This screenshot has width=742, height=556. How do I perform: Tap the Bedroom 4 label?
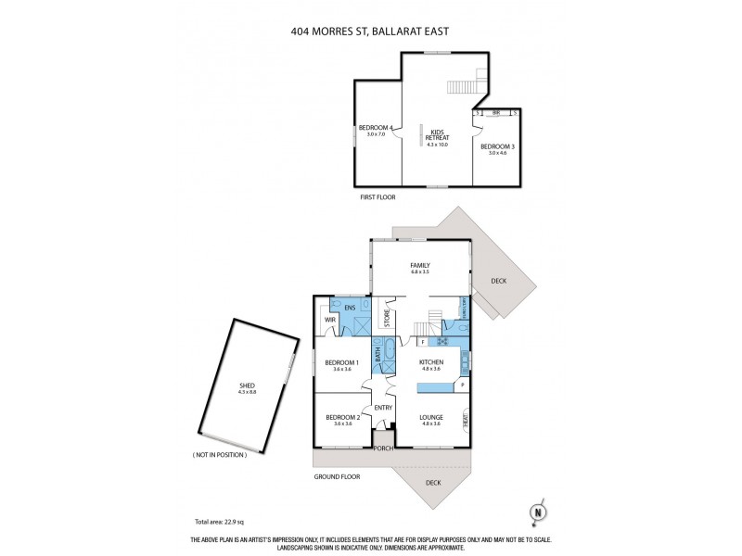pyautogui.click(x=377, y=127)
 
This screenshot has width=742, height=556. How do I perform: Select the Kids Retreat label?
pyautogui.click(x=436, y=134)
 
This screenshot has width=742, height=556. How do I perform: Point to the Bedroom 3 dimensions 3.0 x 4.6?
pyautogui.click(x=496, y=153)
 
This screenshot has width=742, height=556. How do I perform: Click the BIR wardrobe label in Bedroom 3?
pyautogui.click(x=496, y=113)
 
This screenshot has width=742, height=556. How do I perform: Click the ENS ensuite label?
pyautogui.click(x=350, y=308)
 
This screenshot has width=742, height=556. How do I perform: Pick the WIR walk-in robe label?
pyautogui.click(x=328, y=320)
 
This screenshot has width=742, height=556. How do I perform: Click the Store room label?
pyautogui.click(x=388, y=319)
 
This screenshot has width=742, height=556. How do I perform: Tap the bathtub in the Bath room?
pyautogui.click(x=389, y=353)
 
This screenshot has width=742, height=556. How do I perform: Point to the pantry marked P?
pyautogui.click(x=462, y=384)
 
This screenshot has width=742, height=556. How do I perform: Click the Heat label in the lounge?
pyautogui.click(x=465, y=420)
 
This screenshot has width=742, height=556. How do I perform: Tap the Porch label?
pyautogui.click(x=384, y=448)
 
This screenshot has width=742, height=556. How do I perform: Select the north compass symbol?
pyautogui.click(x=536, y=511)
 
